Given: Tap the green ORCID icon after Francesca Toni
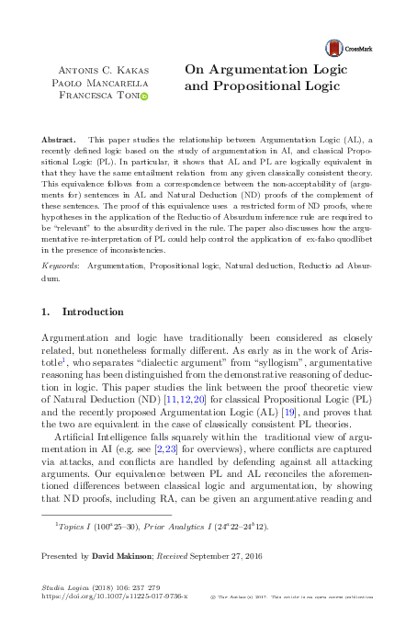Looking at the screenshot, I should point(143,96).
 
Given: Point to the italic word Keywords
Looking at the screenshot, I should point(60,265).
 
